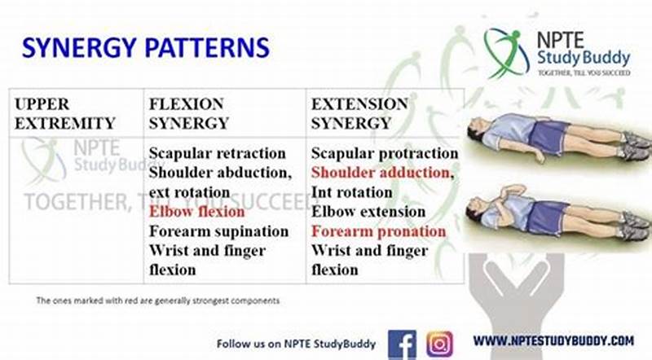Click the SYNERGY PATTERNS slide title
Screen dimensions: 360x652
(x=145, y=46)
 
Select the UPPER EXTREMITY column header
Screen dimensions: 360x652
(x=64, y=114)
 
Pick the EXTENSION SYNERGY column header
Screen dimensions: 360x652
(x=359, y=114)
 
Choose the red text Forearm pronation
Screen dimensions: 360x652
(x=378, y=231)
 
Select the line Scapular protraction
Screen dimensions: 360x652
(x=384, y=153)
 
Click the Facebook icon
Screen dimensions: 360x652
(x=402, y=343)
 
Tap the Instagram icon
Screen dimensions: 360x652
(x=440, y=343)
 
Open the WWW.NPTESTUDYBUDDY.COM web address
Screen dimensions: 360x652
(x=553, y=341)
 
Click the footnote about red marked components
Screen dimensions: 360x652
(x=157, y=301)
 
